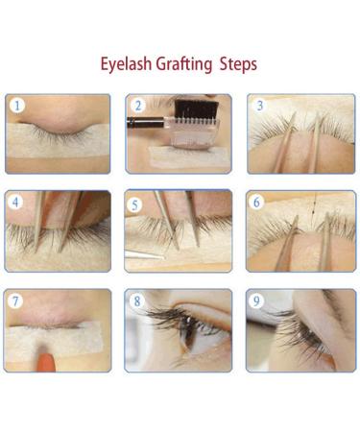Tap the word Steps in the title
pos(239,64)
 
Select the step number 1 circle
pos(17,106)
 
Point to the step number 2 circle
pos(138,106)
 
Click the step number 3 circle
pos(258,106)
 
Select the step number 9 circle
pos(257,301)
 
